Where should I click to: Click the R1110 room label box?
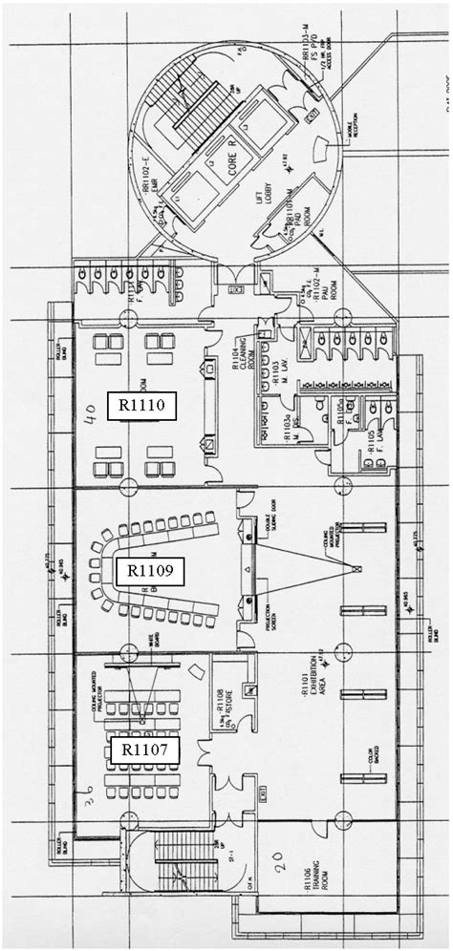coord(142,405)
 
